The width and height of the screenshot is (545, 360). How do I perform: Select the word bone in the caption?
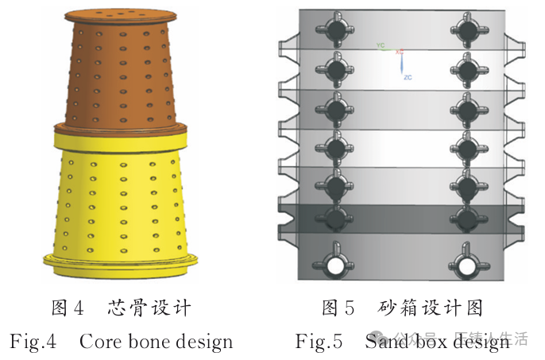point(153,343)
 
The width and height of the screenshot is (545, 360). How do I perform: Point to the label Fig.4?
point(33,343)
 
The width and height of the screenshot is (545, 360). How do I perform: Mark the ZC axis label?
point(408,76)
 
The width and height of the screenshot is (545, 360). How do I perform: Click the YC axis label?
point(381,46)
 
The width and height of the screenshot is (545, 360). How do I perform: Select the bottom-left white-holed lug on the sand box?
point(337,263)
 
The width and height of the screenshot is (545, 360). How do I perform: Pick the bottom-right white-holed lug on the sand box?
point(466,263)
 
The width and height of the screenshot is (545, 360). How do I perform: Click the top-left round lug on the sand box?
point(338,29)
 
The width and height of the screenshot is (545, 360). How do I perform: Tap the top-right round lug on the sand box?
point(466,29)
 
